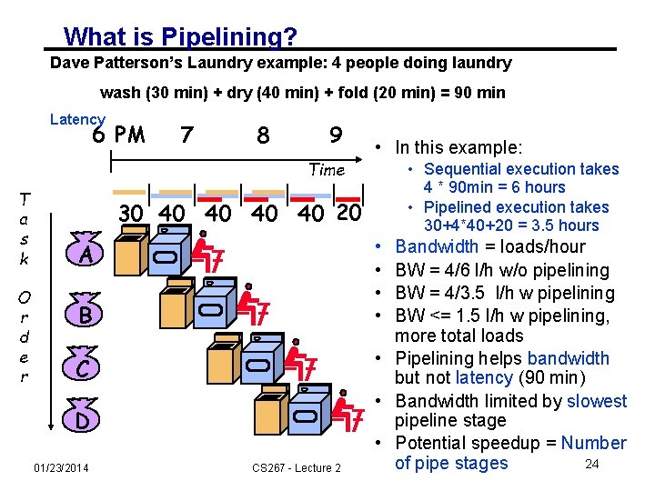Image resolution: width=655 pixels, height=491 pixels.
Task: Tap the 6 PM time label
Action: tap(118, 135)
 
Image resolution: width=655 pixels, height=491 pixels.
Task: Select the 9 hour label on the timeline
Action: tap(336, 135)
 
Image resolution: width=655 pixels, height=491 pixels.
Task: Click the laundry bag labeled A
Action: tap(84, 254)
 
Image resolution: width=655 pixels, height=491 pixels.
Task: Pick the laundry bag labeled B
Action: tap(84, 316)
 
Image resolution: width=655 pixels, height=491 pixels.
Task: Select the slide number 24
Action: tap(591, 465)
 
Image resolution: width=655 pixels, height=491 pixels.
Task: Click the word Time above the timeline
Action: tap(326, 169)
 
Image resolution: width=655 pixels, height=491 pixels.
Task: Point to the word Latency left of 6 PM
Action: tap(77, 119)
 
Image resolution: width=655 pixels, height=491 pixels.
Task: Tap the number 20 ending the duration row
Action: tap(348, 215)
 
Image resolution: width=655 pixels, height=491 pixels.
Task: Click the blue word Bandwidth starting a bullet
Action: tap(437, 246)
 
